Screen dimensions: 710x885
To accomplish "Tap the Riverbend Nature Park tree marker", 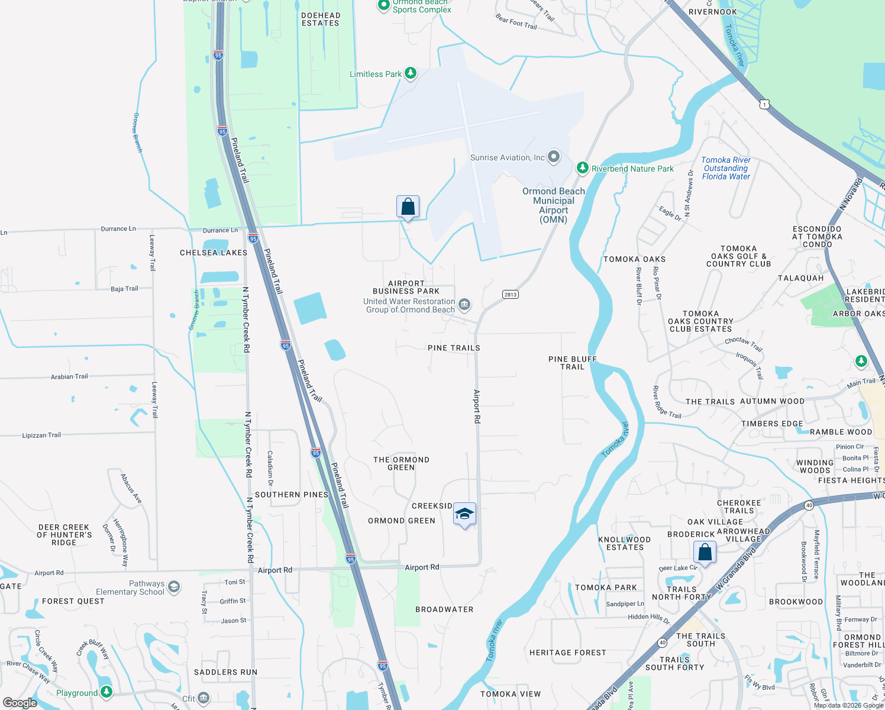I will click(x=583, y=169).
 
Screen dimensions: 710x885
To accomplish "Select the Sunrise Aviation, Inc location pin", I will click(x=554, y=157).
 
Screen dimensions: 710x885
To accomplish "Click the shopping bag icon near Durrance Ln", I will click(x=408, y=207).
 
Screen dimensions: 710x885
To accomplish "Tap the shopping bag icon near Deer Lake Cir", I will click(x=705, y=553).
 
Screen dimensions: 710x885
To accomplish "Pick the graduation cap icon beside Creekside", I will click(x=464, y=514).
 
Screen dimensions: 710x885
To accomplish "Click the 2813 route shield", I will click(x=511, y=295).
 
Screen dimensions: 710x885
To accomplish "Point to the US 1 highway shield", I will click(x=765, y=104).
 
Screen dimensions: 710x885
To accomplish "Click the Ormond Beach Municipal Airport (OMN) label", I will click(x=553, y=205).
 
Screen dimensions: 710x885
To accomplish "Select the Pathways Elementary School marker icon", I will click(x=173, y=587).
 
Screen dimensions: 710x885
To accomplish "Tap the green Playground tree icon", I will click(x=106, y=692).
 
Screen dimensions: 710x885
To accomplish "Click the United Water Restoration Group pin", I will click(x=464, y=305).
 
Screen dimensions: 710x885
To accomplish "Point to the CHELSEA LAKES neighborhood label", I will click(x=214, y=253).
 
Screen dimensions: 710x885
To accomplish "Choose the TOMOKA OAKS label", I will click(x=634, y=259).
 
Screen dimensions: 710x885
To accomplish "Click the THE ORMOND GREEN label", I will click(x=401, y=463).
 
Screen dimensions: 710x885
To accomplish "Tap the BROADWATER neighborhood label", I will click(x=444, y=609).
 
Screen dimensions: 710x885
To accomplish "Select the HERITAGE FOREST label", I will click(x=567, y=653).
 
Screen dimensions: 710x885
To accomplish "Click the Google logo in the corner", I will click(x=20, y=703).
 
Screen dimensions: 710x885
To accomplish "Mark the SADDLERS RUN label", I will click(x=225, y=672).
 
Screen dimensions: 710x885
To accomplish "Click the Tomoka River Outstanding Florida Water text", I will click(x=726, y=169).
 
